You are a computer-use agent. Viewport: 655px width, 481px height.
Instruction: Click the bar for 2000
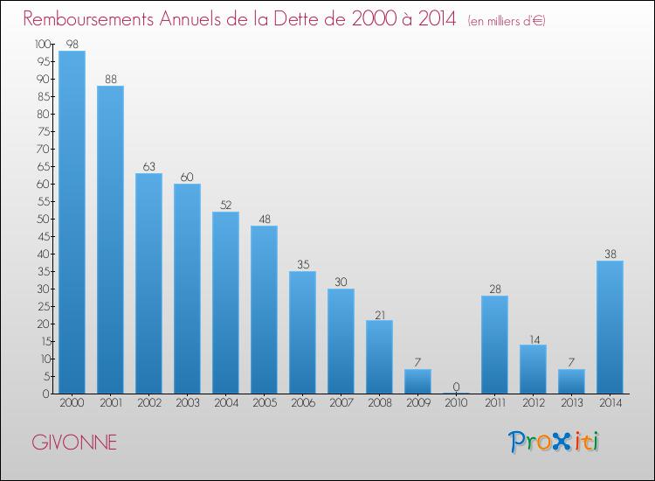[72, 222]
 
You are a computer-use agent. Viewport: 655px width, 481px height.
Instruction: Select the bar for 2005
[264, 310]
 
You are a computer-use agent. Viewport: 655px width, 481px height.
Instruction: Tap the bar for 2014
[610, 327]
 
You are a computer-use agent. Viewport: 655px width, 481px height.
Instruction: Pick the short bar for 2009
[417, 381]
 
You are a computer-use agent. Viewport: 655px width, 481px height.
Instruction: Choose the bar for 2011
[494, 345]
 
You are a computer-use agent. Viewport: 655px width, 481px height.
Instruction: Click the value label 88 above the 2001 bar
[110, 80]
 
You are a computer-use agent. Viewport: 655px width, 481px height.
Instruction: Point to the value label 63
[148, 167]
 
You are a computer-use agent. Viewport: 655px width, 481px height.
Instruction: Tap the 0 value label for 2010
[456, 387]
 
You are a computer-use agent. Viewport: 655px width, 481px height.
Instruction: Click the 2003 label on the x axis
[187, 404]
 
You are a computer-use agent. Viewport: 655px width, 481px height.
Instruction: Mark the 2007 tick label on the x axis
[341, 404]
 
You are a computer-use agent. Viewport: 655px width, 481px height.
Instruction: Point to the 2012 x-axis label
[533, 404]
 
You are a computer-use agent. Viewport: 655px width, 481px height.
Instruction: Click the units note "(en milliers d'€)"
[506, 21]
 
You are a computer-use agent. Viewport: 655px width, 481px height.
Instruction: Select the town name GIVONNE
[74, 443]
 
